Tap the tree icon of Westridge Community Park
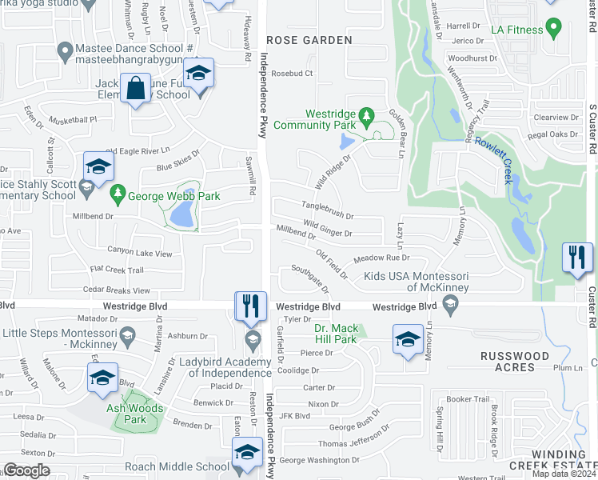point(367,118)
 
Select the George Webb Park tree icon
point(118,194)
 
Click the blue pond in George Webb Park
point(182,214)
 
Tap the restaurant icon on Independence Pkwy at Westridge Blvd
point(250,306)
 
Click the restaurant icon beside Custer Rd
point(576,258)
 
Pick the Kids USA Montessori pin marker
point(450,302)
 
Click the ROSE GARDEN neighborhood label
point(309,40)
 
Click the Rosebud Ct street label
point(292,74)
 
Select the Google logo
point(26,470)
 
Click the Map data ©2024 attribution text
point(564,474)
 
